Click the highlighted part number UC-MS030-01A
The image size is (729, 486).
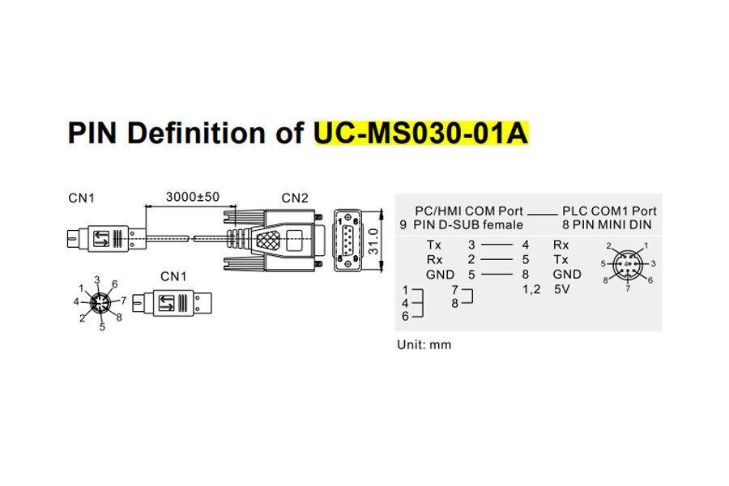[x=421, y=132]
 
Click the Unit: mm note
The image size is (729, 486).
[x=424, y=344]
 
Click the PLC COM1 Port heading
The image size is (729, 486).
[x=609, y=211]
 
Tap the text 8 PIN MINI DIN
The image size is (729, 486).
[x=607, y=224]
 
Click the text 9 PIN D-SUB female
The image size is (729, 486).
[x=462, y=224]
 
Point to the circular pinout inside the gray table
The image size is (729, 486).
[x=629, y=264]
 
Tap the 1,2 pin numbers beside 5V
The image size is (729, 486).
[x=532, y=289]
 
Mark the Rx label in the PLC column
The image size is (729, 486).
[x=561, y=245]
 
